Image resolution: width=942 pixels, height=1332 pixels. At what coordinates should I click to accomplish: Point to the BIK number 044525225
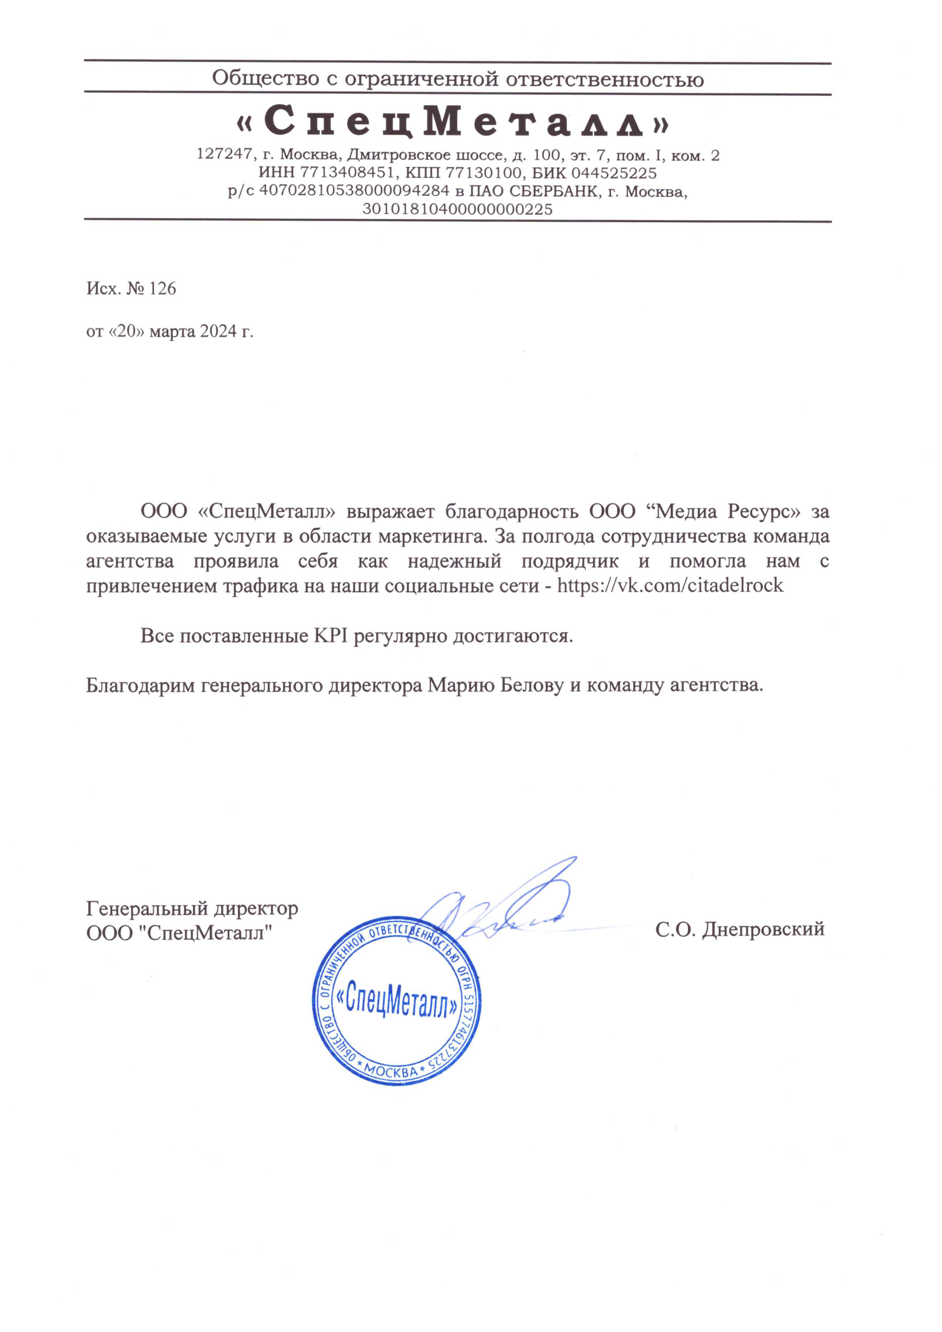tap(614, 173)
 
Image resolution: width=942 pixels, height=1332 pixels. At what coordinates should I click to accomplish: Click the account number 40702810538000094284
tap(353, 191)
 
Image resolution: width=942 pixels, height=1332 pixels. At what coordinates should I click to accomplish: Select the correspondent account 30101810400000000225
tap(458, 209)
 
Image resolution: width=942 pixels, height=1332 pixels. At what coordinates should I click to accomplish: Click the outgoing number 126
tap(162, 288)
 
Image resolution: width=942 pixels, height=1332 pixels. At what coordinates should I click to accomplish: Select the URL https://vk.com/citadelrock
tap(670, 585)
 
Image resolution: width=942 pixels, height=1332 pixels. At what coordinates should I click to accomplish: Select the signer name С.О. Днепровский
tap(740, 929)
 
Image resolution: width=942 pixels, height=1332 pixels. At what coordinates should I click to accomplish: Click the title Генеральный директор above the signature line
tap(192, 908)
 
